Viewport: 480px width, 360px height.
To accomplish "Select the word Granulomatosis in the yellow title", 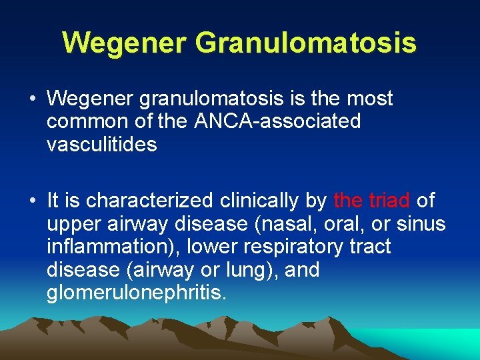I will click(x=306, y=43).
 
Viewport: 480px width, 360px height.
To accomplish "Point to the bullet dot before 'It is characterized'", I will click(x=33, y=200).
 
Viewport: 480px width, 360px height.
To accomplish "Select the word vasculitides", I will click(x=101, y=145).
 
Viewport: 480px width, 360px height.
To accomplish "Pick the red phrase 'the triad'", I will click(x=371, y=200).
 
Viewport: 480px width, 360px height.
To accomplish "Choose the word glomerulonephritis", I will click(x=136, y=293).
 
